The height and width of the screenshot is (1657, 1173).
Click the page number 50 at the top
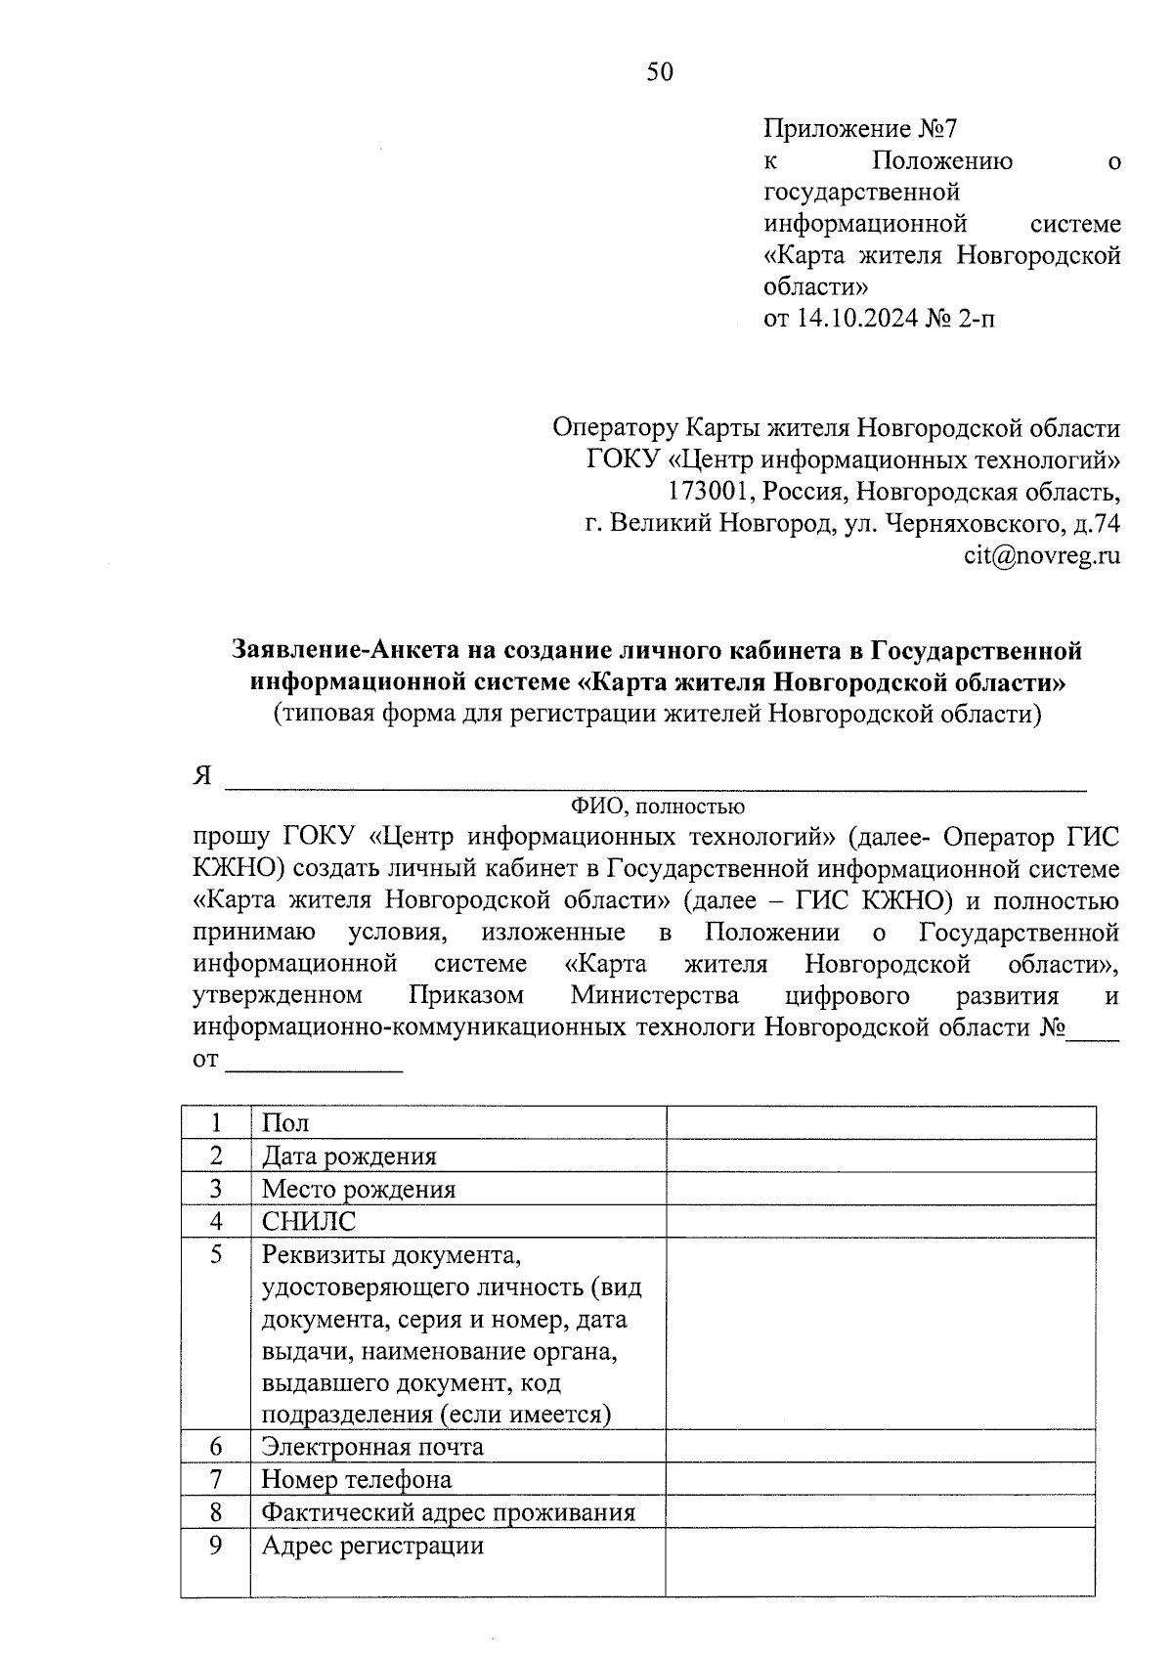pyautogui.click(x=660, y=72)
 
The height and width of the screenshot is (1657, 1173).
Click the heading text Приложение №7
pyautogui.click(x=861, y=128)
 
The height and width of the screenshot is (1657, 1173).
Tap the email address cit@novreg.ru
pyautogui.click(x=1041, y=556)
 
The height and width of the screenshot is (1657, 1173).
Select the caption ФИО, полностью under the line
pyautogui.click(x=657, y=807)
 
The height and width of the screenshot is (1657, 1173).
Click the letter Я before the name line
pyautogui.click(x=202, y=776)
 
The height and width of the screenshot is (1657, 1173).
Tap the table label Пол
pyautogui.click(x=284, y=1124)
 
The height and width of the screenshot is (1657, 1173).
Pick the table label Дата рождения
pyautogui.click(x=348, y=1156)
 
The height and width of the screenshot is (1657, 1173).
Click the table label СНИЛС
pyautogui.click(x=308, y=1222)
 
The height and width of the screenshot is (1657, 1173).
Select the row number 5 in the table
pyautogui.click(x=216, y=1254)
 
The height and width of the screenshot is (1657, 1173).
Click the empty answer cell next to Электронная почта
pyautogui.click(x=880, y=1447)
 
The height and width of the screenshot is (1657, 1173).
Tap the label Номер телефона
pyautogui.click(x=356, y=1480)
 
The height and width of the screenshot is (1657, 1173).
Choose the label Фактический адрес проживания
pyautogui.click(x=448, y=1513)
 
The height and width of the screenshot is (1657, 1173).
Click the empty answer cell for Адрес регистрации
pyautogui.click(x=880, y=1563)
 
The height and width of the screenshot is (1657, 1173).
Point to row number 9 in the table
pyautogui.click(x=216, y=1547)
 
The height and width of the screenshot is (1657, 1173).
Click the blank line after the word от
pyautogui.click(x=314, y=1063)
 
